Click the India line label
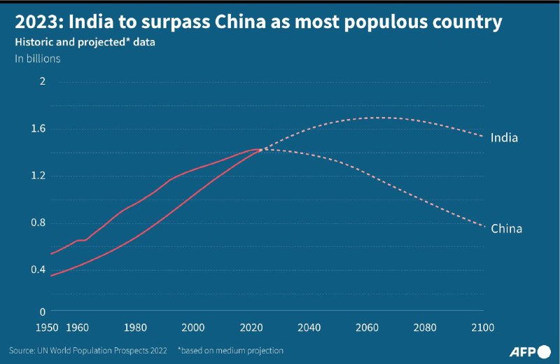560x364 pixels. point(504,138)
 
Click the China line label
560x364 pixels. point(506,229)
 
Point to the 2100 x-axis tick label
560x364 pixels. point(482,328)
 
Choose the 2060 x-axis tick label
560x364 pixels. point(367,328)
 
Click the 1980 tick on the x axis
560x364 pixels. point(136,328)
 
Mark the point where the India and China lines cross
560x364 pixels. point(261,149)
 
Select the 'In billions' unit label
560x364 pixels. point(38,59)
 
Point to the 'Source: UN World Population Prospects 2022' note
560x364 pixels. point(88,349)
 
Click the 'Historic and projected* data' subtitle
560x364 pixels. point(85,42)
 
